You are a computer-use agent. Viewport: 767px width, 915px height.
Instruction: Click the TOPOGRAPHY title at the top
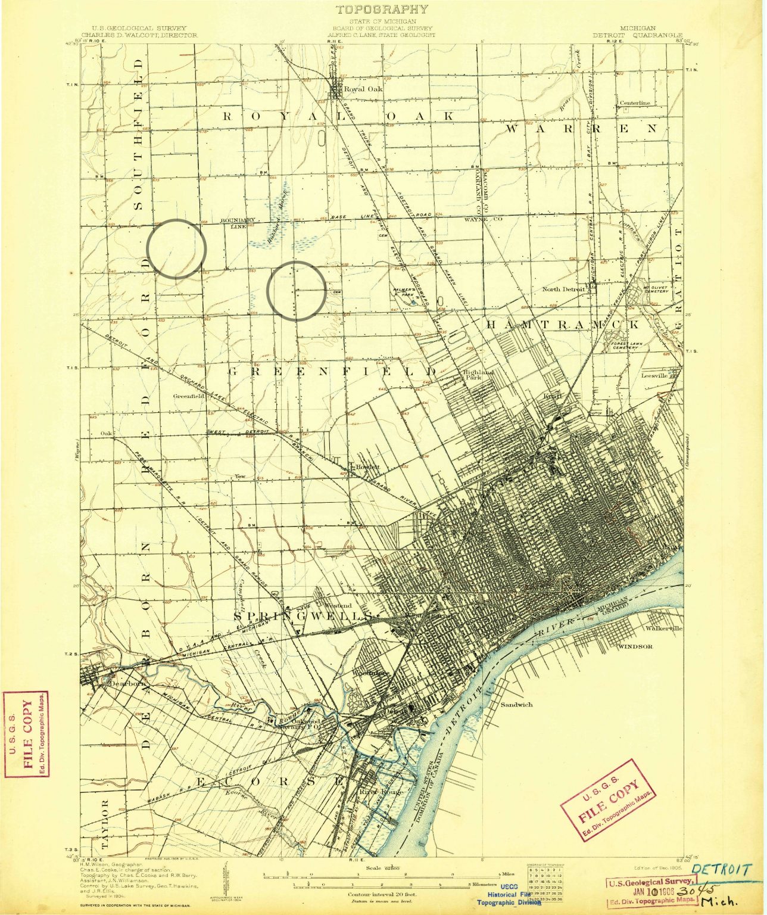[382, 10]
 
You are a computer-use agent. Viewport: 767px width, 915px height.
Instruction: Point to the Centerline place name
[635, 102]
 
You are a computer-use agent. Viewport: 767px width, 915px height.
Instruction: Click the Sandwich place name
[516, 704]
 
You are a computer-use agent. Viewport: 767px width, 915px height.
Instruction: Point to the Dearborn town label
[126, 684]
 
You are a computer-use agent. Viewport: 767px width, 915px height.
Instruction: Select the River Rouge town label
[381, 792]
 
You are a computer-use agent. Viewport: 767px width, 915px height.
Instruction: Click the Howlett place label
[367, 466]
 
